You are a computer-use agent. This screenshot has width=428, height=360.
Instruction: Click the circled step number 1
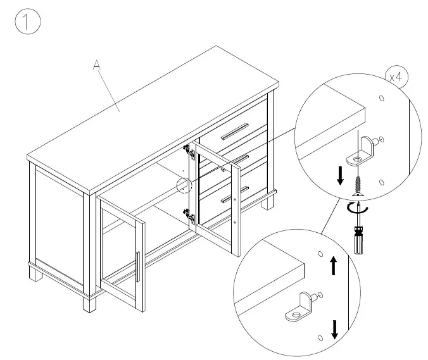tap(27, 23)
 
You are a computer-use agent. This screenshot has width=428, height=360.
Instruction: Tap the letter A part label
tap(97, 65)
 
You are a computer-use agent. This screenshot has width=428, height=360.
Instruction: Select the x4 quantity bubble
tap(397, 77)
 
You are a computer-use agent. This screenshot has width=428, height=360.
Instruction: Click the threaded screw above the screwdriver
tap(358, 184)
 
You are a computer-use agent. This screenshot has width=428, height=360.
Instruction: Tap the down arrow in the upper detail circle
tap(341, 175)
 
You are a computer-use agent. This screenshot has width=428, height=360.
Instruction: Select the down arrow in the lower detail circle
tap(334, 328)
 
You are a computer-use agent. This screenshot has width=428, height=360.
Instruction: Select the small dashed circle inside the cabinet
tap(182, 185)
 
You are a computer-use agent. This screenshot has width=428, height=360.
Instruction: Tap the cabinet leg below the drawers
tap(268, 201)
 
